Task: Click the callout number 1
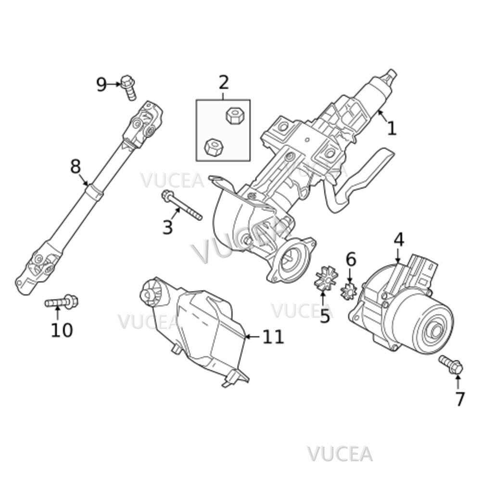(x=392, y=128)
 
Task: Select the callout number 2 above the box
(x=224, y=83)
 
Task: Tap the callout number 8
(x=76, y=166)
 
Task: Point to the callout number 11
(x=273, y=337)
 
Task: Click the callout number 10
(x=62, y=330)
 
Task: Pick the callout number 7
(x=460, y=399)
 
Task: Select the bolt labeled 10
(x=62, y=303)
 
